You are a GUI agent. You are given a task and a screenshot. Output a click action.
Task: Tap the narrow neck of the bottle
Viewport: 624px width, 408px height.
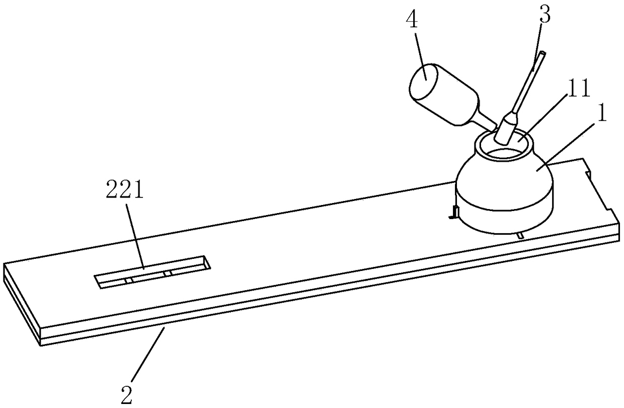[x=486, y=121]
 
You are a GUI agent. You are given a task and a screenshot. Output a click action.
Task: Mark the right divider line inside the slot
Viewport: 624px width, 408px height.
[x=169, y=273]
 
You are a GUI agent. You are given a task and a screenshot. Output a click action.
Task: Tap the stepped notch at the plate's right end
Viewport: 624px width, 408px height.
[x=599, y=189]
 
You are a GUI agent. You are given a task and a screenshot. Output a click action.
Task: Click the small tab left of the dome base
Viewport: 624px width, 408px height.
[x=452, y=213]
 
